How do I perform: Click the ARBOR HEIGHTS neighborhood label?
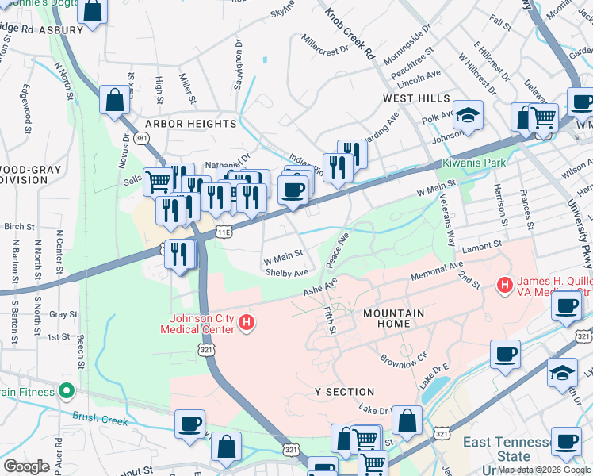pos(190,125)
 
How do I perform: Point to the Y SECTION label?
pos(344,392)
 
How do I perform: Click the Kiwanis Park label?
pos(476,163)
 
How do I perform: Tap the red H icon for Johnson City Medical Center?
pos(247,323)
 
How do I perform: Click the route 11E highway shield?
pos(224,232)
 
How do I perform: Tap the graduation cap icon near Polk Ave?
pos(468,115)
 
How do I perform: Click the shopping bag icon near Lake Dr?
pos(407,421)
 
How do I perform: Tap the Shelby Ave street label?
pos(286,272)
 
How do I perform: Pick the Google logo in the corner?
pos(26,466)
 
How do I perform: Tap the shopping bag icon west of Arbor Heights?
pos(115,101)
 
